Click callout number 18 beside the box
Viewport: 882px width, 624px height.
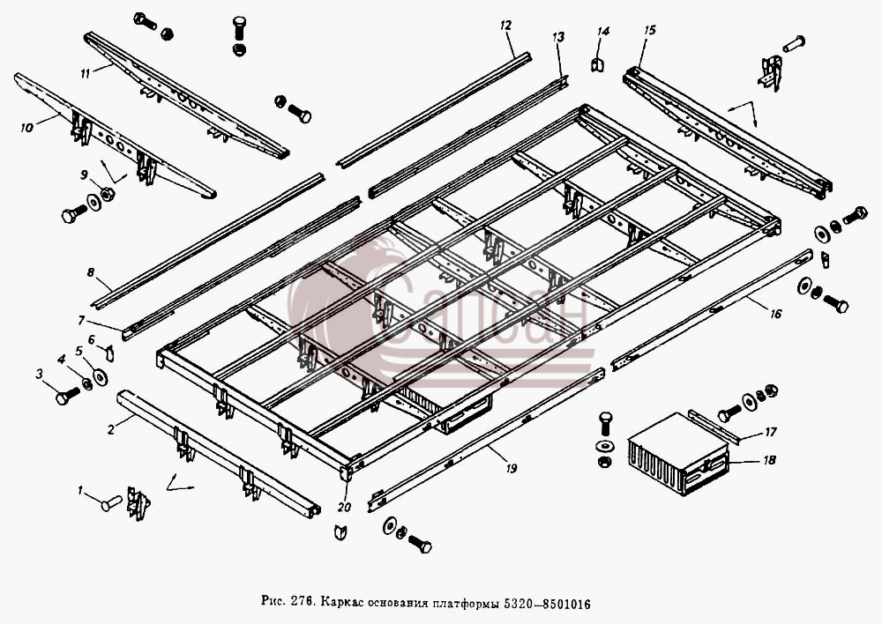[769, 460]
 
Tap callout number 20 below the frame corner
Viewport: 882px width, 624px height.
[344, 507]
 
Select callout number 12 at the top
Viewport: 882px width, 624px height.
[505, 25]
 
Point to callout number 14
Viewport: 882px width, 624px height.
[602, 32]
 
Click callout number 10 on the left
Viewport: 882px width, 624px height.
[26, 128]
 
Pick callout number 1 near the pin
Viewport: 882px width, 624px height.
[80, 491]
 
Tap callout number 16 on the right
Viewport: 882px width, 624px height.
[775, 314]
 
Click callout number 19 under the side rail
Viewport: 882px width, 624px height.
[511, 468]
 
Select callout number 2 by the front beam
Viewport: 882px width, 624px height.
[111, 429]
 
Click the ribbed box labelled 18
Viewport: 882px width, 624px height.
[678, 453]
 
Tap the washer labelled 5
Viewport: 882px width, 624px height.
[101, 377]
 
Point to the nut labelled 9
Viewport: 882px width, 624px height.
[107, 194]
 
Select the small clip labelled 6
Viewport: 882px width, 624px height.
[110, 353]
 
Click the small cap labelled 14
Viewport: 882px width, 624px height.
[597, 64]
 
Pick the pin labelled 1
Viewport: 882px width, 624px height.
[111, 502]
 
